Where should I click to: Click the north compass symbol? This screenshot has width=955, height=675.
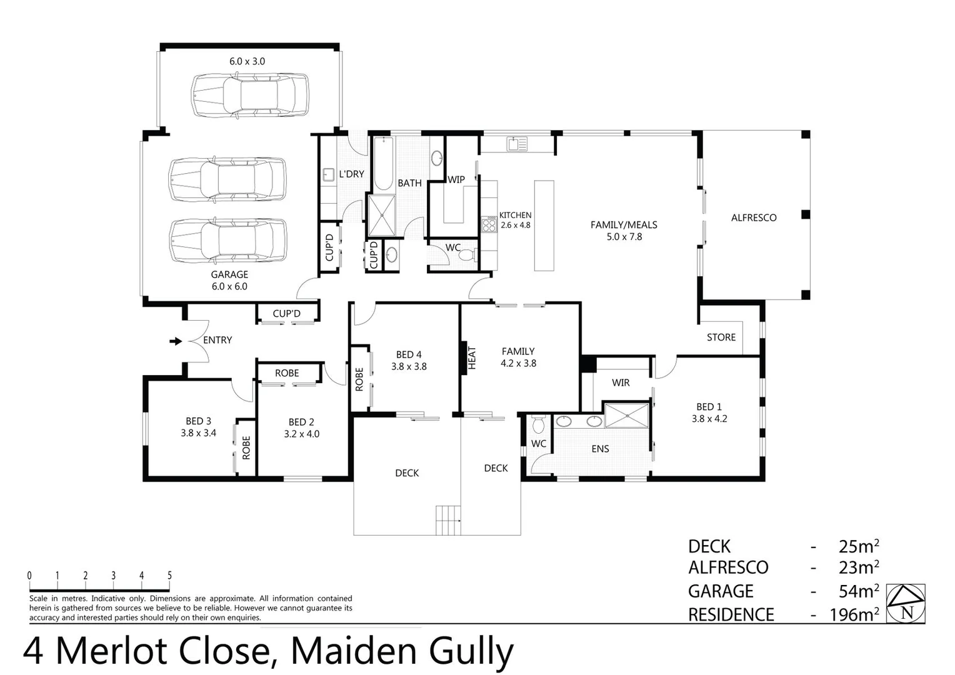click(906, 604)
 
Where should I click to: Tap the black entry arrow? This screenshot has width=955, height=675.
click(176, 341)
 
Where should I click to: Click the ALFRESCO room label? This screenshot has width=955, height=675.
click(753, 217)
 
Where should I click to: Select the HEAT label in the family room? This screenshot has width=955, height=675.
click(472, 357)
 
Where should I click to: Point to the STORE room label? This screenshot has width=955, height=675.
click(721, 337)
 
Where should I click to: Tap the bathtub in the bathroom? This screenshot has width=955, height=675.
click(382, 164)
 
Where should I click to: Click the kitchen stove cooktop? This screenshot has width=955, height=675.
click(489, 224)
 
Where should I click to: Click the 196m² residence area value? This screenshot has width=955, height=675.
click(854, 614)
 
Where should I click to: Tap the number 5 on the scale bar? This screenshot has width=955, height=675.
click(169, 576)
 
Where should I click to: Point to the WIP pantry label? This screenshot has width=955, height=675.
click(456, 179)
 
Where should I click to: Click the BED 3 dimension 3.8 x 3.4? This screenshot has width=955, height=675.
click(198, 432)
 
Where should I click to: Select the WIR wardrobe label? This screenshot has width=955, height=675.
click(620, 382)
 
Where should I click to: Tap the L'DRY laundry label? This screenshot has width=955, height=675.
click(351, 174)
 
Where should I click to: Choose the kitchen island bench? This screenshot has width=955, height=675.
click(544, 225)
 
